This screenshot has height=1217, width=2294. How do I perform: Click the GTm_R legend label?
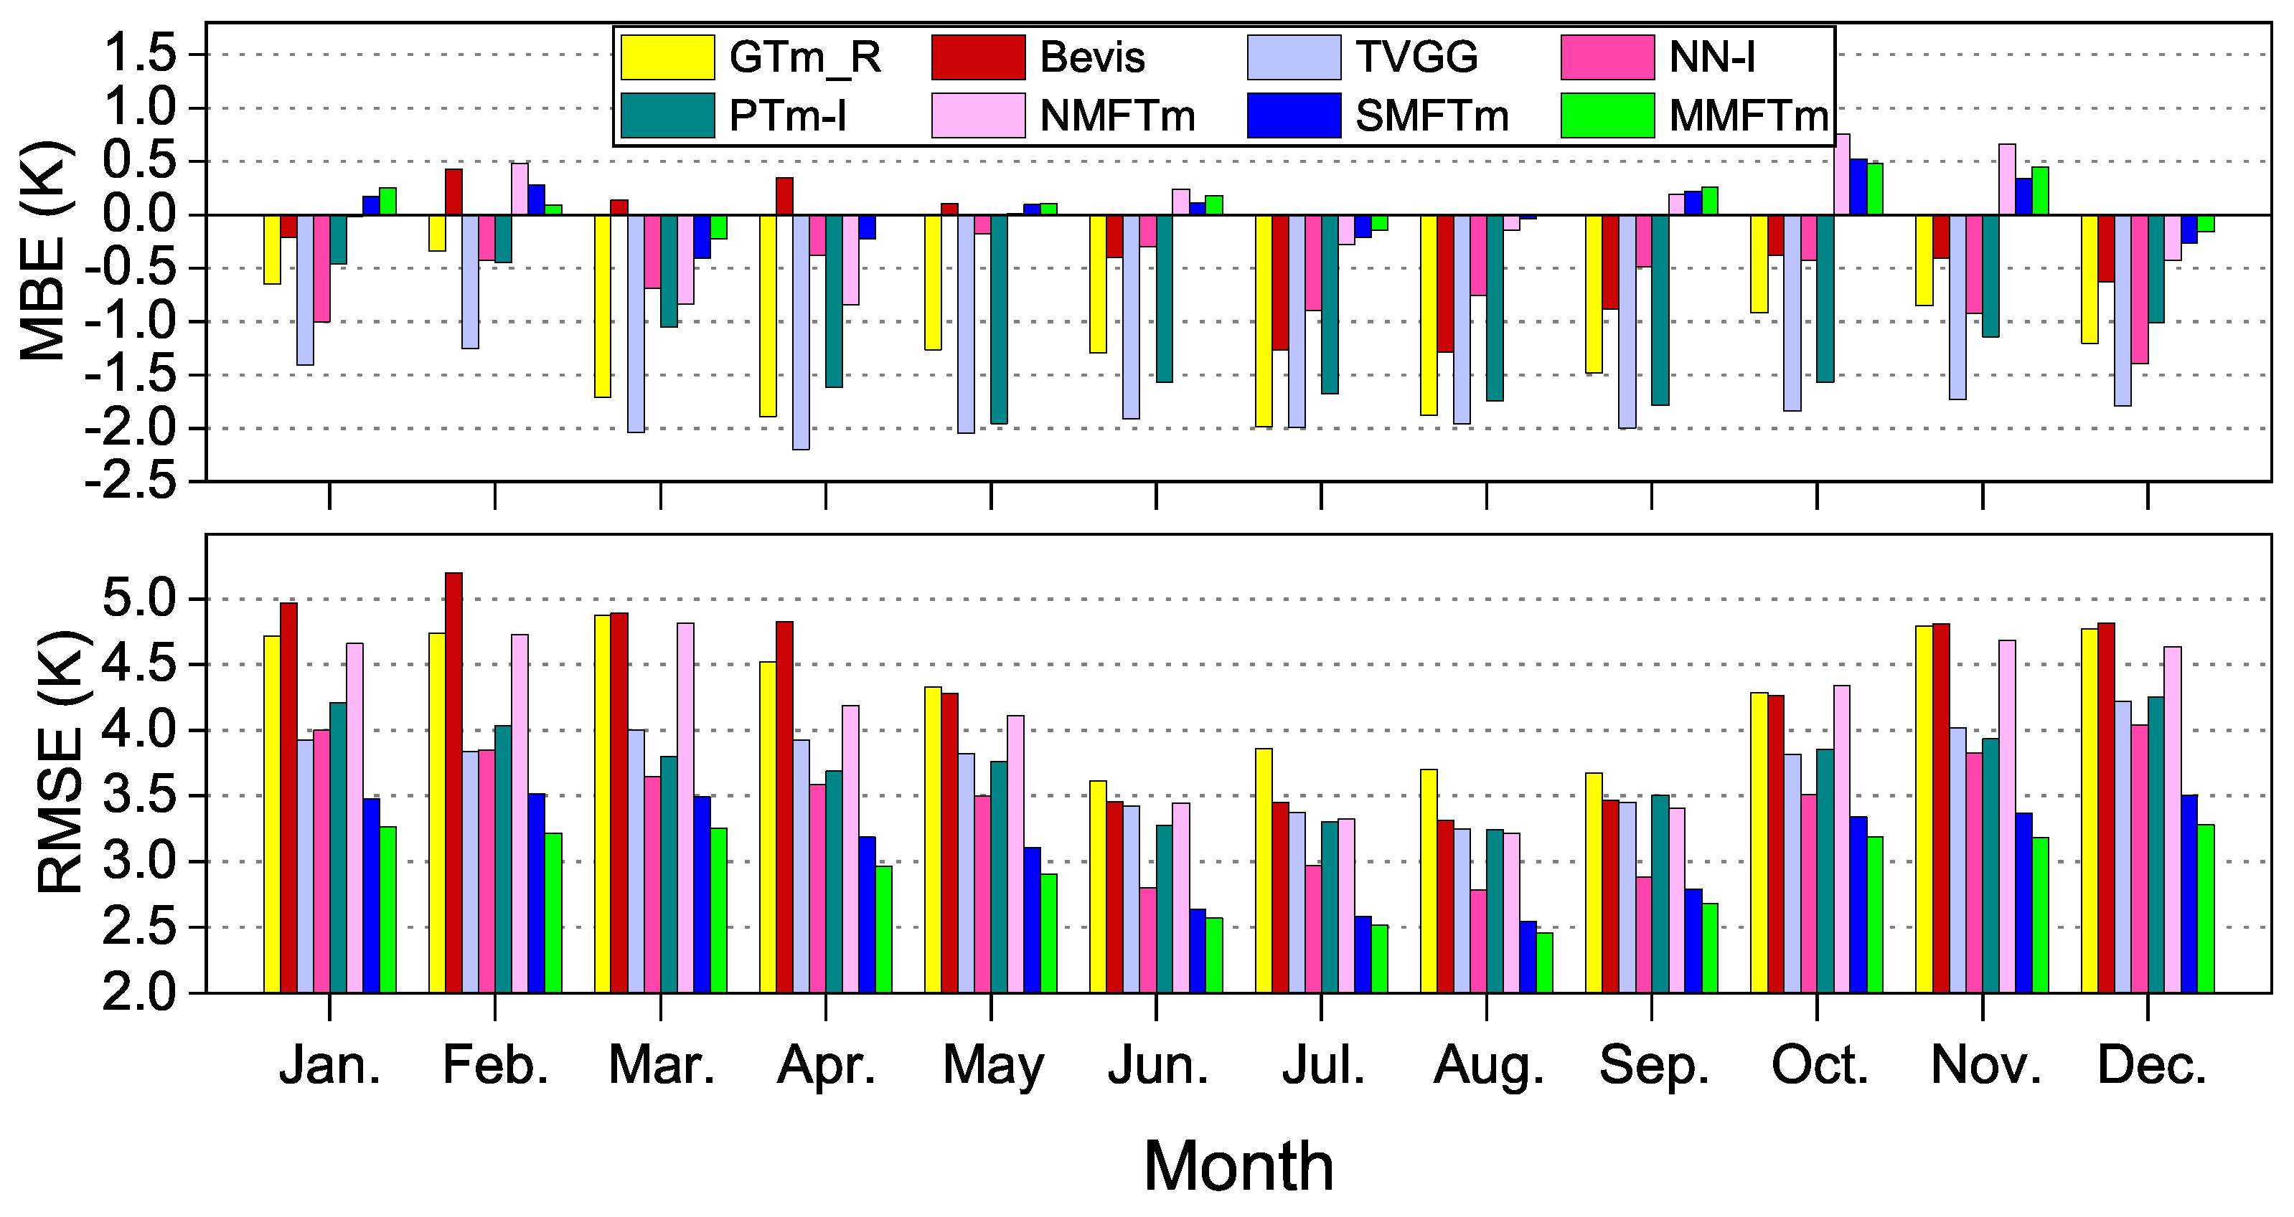(805, 58)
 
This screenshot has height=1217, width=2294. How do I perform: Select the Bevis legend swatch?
(979, 58)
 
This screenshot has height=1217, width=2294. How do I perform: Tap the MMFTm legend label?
(1748, 115)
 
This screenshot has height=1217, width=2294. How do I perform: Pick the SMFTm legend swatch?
(1294, 115)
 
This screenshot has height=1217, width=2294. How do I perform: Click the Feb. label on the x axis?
(495, 1065)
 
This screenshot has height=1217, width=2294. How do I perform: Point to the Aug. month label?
(1488, 1066)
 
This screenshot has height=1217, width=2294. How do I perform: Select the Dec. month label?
(2151, 1065)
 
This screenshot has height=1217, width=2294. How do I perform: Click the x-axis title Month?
(1238, 1165)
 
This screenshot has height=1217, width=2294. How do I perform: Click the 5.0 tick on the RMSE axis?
(143, 599)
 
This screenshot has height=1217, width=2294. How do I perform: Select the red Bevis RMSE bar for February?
(453, 782)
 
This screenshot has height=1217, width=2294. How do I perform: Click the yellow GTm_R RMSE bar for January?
(272, 814)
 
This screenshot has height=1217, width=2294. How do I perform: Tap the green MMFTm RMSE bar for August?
(1544, 962)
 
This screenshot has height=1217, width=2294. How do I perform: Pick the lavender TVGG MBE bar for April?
(801, 332)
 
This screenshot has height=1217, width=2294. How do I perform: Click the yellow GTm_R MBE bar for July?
(1264, 321)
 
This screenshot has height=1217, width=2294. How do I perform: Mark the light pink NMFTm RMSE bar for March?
(686, 808)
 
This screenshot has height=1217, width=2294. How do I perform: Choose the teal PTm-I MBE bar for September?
(1660, 310)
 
